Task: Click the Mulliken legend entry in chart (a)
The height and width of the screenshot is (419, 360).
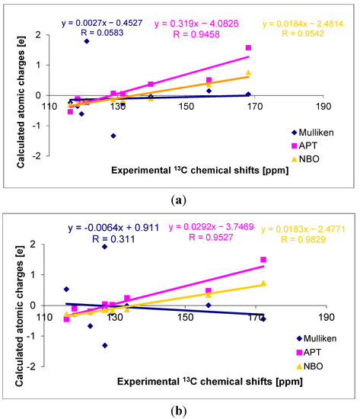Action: pos(313,133)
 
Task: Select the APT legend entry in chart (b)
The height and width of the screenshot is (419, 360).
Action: pos(308,352)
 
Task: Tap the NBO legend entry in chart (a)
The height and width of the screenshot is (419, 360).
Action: pos(305,159)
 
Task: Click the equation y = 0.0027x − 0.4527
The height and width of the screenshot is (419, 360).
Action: pos(102,23)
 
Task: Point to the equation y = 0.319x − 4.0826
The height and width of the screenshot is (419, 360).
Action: pos(196,24)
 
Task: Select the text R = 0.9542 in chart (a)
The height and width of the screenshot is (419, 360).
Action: pos(303,34)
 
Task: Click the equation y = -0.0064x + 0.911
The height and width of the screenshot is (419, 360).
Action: pos(113,228)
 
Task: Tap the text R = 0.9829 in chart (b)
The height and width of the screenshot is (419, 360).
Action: pos(304,239)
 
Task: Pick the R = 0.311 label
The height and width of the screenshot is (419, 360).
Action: pos(113,239)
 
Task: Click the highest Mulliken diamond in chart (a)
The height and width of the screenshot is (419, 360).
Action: pos(87,41)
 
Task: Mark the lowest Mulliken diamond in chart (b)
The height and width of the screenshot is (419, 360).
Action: pos(105,346)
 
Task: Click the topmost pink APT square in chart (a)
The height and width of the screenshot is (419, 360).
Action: pos(248,47)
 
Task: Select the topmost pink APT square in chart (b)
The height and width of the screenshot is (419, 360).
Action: pos(263,260)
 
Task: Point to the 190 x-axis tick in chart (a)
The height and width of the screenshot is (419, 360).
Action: pos(323,107)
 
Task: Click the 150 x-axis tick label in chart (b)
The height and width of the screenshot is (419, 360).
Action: pos(186,317)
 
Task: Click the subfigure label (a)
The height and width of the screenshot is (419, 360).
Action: pos(179,200)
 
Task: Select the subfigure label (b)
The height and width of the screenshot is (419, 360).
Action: pos(179,411)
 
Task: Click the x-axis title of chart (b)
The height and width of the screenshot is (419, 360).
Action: pos(210,382)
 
